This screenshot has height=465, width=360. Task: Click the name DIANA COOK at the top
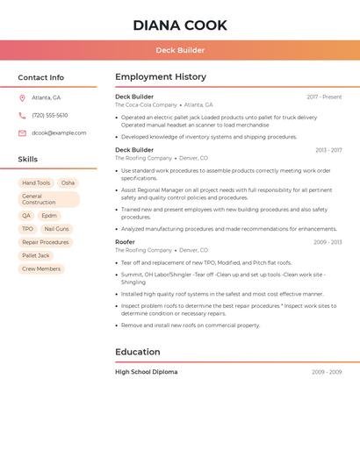[x=180, y=25]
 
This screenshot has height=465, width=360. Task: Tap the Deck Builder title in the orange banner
[x=180, y=50]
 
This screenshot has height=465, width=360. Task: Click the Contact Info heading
[x=41, y=77]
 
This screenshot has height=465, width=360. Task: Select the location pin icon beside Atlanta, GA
[x=22, y=97]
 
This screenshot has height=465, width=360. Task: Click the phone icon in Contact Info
[x=22, y=115]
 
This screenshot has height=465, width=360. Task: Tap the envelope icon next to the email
[x=22, y=133]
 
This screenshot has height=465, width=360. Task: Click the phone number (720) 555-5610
[x=50, y=115]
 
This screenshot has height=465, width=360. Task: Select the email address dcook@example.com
[x=59, y=133]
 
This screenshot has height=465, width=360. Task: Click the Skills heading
[x=28, y=160]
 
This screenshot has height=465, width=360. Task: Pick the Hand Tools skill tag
[x=36, y=183]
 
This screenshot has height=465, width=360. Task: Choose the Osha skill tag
[x=68, y=183]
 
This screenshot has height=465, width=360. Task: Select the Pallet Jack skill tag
[x=36, y=255]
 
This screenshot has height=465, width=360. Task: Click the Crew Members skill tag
[x=41, y=268]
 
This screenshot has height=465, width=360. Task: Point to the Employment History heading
[x=161, y=77]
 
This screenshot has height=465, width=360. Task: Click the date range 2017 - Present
[x=324, y=97]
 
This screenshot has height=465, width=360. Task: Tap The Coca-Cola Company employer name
[x=146, y=104]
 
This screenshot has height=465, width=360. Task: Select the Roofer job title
[x=125, y=241]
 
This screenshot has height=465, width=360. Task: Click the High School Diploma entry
[x=146, y=372]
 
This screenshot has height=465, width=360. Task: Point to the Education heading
[x=138, y=352]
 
